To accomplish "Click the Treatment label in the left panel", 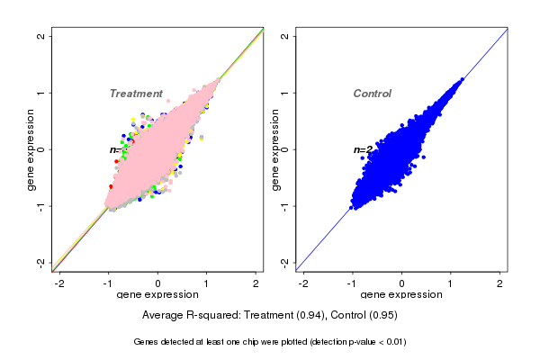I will [136, 94].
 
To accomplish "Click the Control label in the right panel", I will [373, 94].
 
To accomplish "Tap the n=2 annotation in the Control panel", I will [363, 149].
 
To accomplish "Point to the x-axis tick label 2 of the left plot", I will [256, 283].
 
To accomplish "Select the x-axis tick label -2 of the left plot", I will [59, 283].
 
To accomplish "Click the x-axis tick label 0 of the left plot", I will [158, 283].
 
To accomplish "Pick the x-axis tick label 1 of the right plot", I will [452, 283].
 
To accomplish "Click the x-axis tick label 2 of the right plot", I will [501, 283].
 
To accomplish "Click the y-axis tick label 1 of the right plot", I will [285, 93].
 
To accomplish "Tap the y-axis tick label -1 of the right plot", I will [285, 205].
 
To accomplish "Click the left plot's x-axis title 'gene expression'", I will [157, 295].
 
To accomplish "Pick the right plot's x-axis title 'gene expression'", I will [401, 295].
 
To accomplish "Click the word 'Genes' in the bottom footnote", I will [146, 342].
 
